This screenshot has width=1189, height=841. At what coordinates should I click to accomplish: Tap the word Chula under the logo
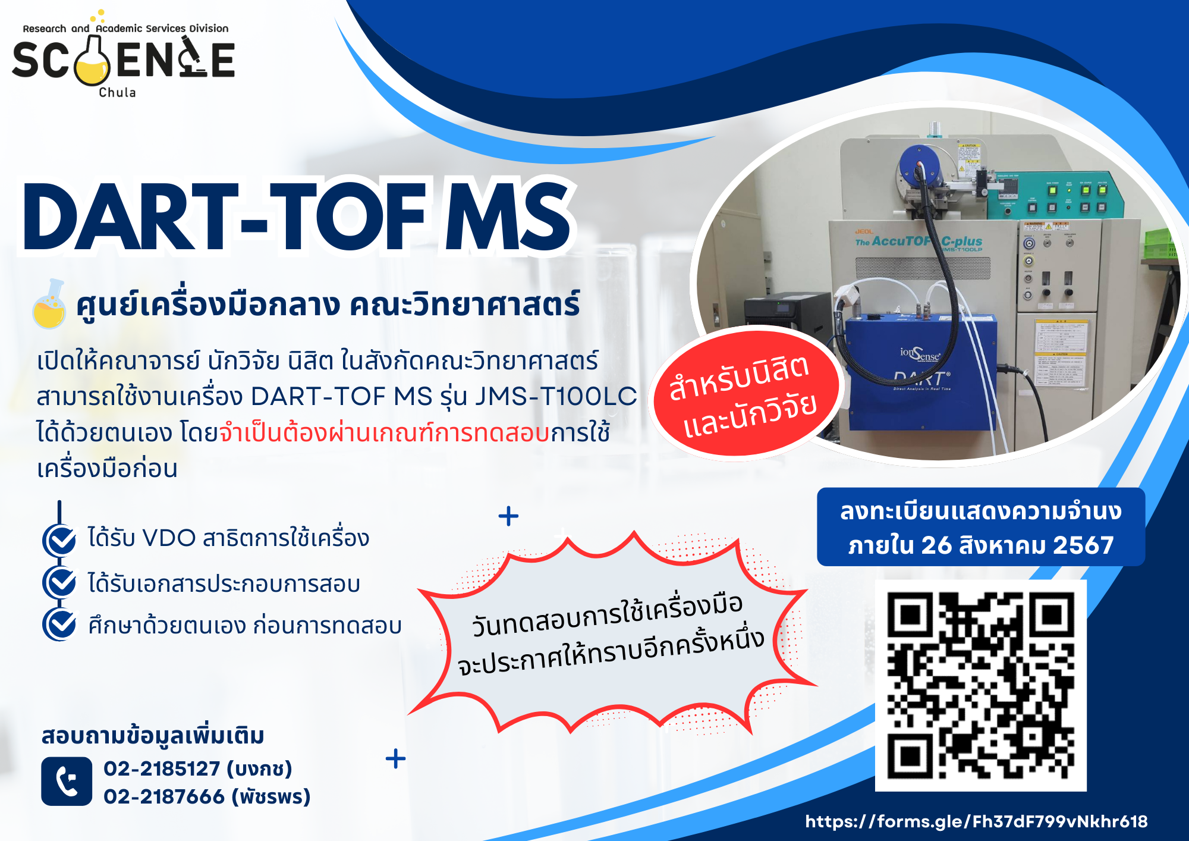[117, 93]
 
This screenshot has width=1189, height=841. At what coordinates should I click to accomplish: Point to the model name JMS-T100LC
[555, 396]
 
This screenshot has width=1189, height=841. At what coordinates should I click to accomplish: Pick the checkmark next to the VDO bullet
[60, 539]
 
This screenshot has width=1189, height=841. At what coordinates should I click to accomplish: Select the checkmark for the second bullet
[60, 583]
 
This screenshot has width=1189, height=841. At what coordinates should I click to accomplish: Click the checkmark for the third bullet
[60, 624]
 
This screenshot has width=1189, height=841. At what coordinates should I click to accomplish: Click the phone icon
[67, 781]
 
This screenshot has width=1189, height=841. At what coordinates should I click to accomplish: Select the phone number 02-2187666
[163, 796]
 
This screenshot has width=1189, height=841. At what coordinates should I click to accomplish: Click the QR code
[981, 686]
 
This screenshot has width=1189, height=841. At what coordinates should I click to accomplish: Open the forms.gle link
[976, 821]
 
